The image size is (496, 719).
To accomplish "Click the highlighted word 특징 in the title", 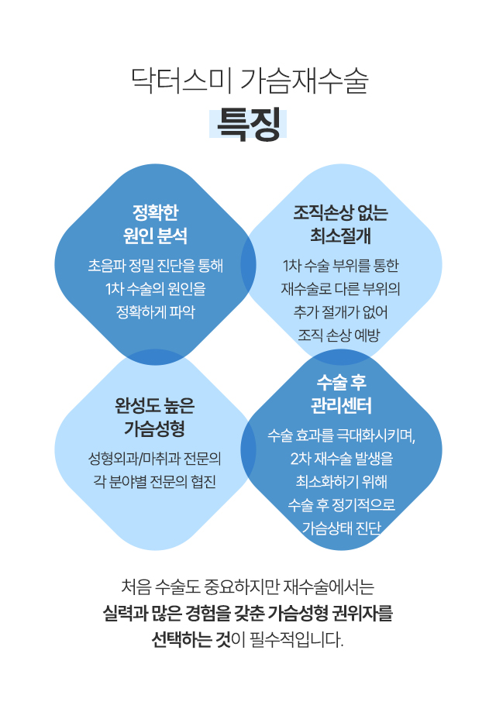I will point(248,125).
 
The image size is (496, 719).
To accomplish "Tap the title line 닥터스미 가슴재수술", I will point(248,81).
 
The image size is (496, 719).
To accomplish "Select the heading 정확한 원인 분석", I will point(155,223).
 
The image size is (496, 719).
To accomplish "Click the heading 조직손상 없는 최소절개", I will point(341,223).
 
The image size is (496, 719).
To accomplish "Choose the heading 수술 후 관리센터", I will point(341,394).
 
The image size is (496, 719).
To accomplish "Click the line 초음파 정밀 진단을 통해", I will point(155,266).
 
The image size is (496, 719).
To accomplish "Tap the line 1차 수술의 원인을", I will point(155,289).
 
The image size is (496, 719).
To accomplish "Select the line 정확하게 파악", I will point(155,312).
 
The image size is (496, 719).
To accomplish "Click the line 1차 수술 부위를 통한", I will point(341,266).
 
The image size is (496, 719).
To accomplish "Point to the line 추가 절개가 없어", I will point(341,311).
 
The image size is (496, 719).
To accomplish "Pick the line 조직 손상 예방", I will point(341,335).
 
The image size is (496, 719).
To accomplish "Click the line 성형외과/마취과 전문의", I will point(155,457).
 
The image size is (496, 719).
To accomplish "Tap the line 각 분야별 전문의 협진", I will point(155,480).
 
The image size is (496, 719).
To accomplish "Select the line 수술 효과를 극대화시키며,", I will point(341,435).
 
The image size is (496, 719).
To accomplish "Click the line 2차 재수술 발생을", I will point(341,458).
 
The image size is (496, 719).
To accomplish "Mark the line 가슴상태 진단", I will point(341,528).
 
